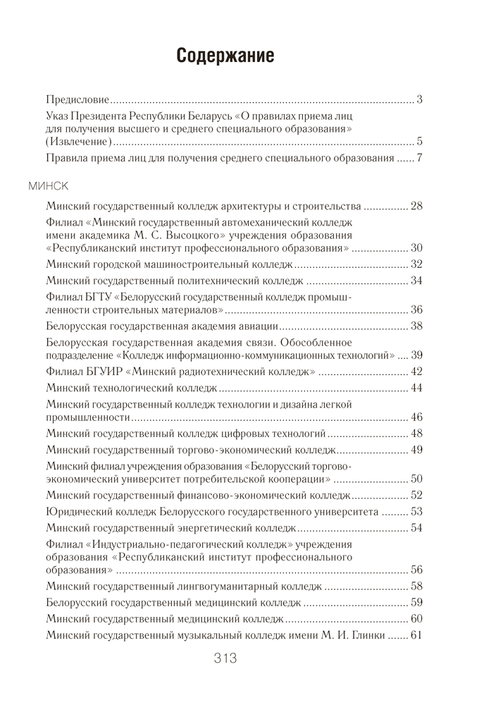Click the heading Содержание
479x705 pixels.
tap(225, 56)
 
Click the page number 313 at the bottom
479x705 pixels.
tap(225, 658)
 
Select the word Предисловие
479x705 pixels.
tap(77, 99)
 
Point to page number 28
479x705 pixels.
tap(416, 207)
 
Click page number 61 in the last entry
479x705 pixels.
tap(416, 635)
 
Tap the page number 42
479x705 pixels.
tap(416, 372)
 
